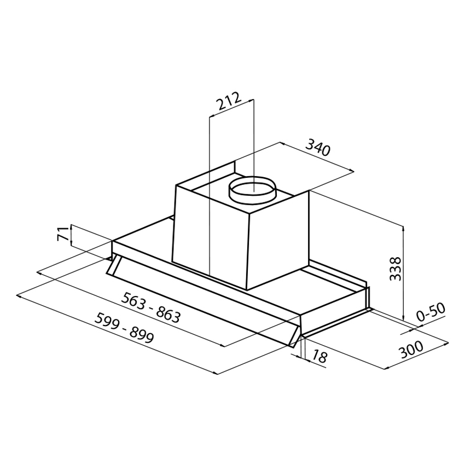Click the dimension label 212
(228, 101)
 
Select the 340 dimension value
(318, 147)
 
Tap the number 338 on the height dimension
(396, 269)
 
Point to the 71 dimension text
(63, 234)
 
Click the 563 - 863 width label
(150, 307)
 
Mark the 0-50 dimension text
(431, 312)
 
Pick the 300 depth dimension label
(411, 350)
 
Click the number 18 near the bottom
(319, 356)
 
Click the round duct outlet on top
(252, 190)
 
